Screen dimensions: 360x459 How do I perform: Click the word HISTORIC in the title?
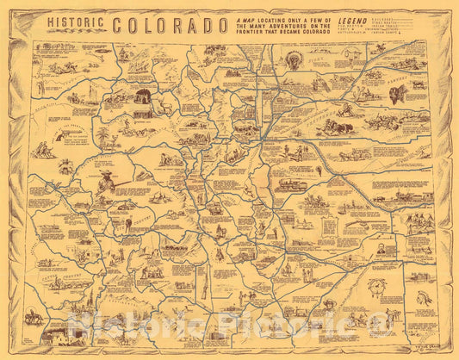click(75, 23)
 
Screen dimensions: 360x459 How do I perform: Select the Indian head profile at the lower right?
click(421, 297)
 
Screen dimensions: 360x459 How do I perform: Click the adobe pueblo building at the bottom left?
click(60, 335)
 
